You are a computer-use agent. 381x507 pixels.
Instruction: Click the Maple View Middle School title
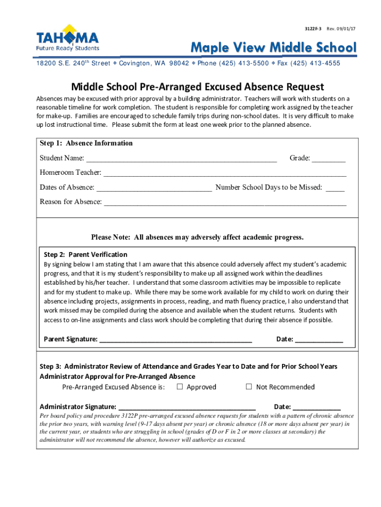click(x=274, y=48)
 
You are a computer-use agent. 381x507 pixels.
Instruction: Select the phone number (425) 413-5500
click(x=240, y=63)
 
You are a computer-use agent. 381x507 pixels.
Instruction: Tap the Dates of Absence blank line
click(x=154, y=188)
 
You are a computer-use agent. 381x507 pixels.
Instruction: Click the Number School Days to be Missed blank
click(x=335, y=188)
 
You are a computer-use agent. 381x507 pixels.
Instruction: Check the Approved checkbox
click(x=180, y=387)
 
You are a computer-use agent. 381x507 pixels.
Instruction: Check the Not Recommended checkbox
click(x=249, y=387)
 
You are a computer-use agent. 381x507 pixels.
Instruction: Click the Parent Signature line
click(x=176, y=340)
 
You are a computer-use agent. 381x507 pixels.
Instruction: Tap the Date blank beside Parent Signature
click(x=319, y=340)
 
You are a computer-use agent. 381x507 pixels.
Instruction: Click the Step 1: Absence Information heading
click(x=86, y=143)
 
